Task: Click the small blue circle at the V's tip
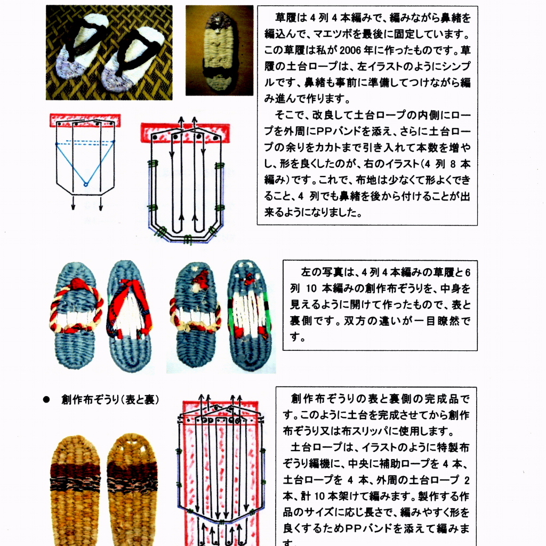(85, 184)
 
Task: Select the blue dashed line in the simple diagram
(85, 143)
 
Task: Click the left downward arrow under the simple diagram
(73, 204)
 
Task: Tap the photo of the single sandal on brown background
(219, 51)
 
